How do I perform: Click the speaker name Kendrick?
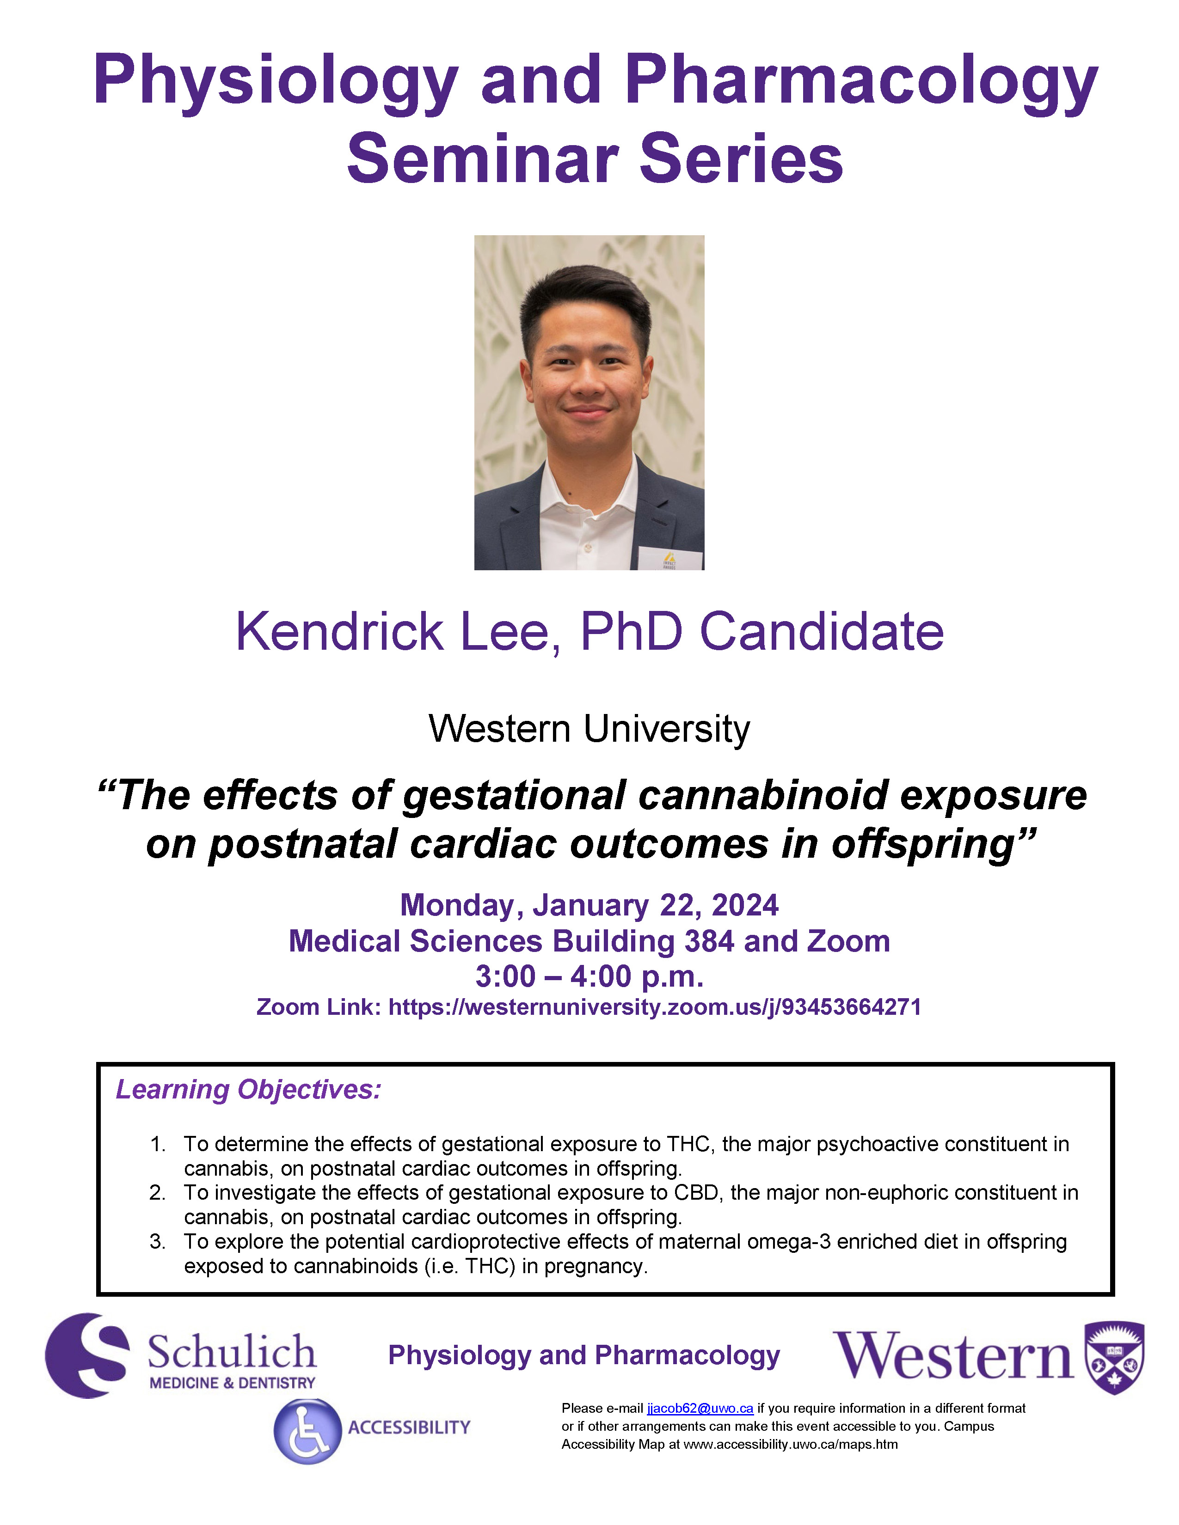tap(339, 632)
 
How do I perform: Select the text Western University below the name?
tap(589, 729)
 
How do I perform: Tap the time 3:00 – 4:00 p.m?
tap(589, 976)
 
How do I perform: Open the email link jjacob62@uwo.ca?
tap(700, 1409)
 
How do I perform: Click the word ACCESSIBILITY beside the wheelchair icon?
tap(409, 1427)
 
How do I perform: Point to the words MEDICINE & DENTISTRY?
tap(233, 1383)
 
